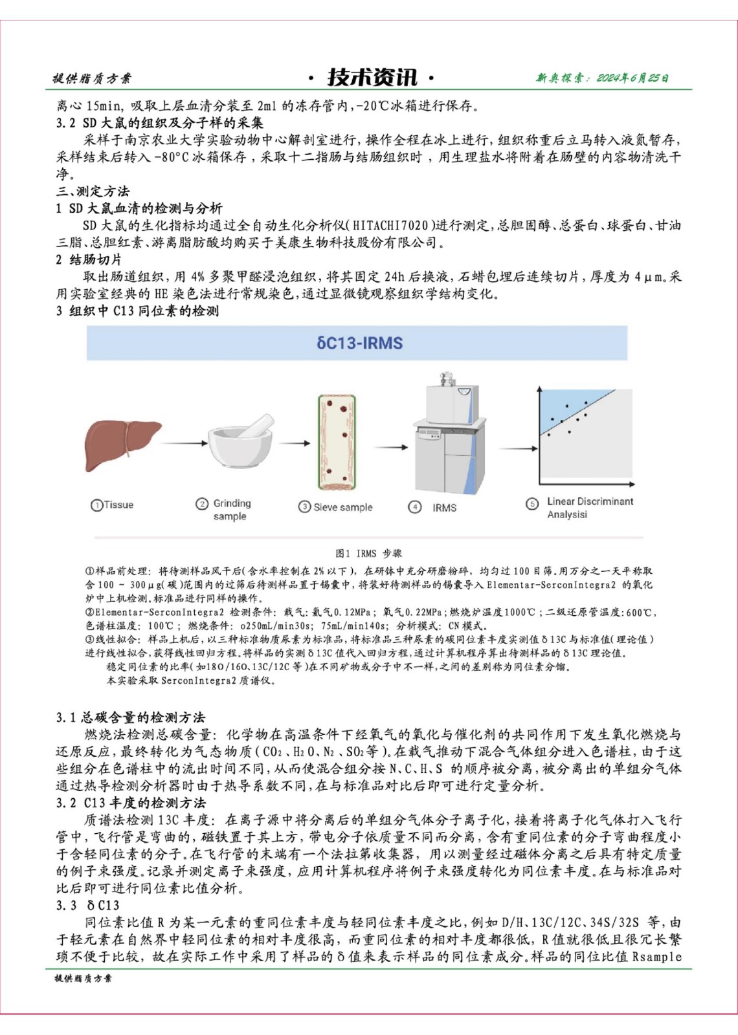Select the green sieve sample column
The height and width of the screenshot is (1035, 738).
[x=336, y=442]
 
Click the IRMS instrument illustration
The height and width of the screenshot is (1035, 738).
[x=449, y=440]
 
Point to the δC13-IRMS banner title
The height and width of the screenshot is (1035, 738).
[x=359, y=343]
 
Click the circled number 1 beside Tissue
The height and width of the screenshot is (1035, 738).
[x=97, y=505]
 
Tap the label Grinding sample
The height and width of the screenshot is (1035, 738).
[x=231, y=510]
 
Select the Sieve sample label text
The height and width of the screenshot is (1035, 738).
[x=342, y=507]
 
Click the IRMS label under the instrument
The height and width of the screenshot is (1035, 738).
[x=444, y=508]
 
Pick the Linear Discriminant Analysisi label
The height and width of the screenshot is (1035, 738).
[x=590, y=508]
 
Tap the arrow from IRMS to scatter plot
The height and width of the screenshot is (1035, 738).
[x=518, y=448]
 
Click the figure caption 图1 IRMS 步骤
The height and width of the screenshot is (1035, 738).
[x=368, y=553]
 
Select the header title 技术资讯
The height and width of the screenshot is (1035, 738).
[x=371, y=78]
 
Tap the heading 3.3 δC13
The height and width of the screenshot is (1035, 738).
[x=87, y=905]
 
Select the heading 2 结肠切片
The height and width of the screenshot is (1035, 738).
[x=89, y=259]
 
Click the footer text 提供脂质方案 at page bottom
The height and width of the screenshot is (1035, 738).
[x=83, y=978]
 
